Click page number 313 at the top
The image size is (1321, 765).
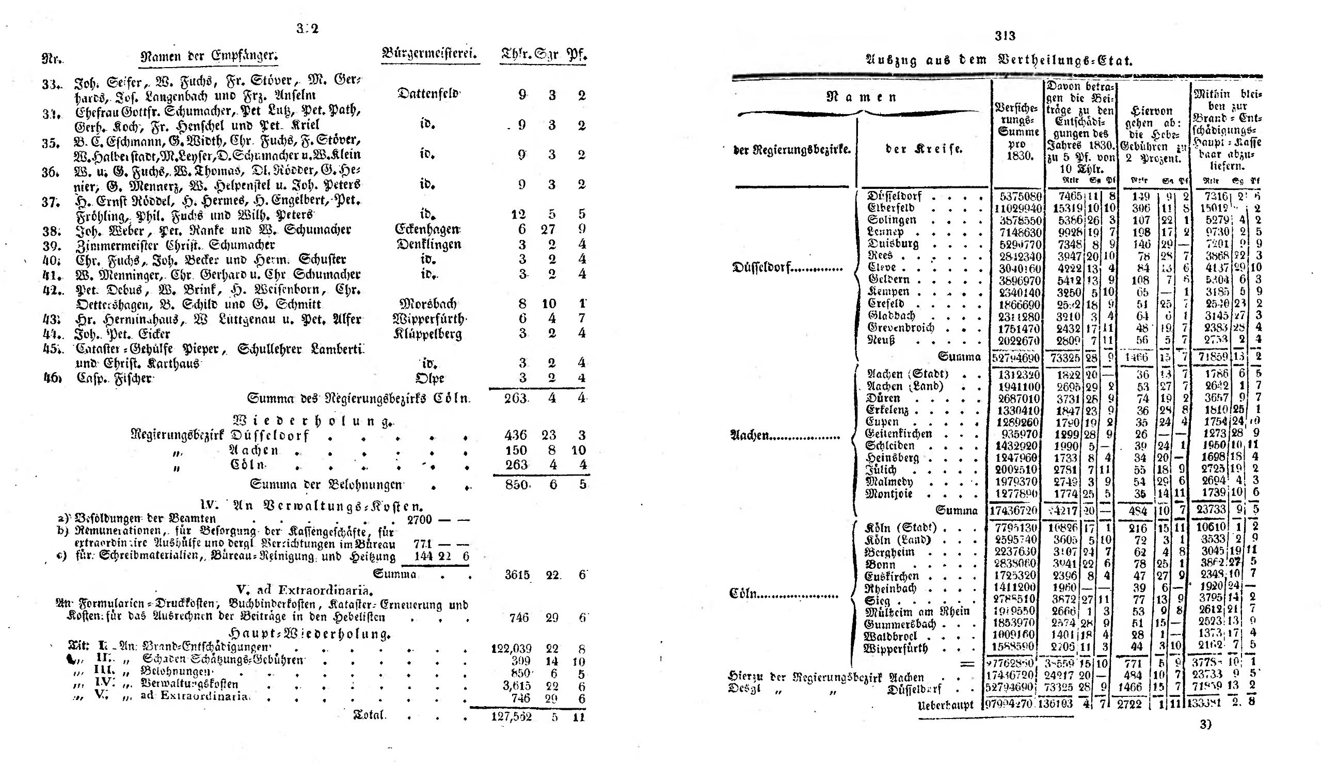1005,36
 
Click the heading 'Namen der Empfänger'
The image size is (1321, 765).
209,56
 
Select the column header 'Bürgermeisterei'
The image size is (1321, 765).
430,53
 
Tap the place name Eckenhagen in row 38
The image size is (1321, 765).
427,230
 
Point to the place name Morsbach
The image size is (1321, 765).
428,304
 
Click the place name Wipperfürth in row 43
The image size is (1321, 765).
429,319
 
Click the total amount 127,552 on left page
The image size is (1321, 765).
512,716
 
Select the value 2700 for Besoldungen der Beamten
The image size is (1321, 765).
419,520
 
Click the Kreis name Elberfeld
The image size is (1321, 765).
892,208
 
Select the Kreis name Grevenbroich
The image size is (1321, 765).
901,328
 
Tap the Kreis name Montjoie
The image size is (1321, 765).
889,494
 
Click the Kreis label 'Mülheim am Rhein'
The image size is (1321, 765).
917,611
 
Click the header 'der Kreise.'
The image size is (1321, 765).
924,149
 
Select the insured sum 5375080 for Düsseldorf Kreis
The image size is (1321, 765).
1017,197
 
